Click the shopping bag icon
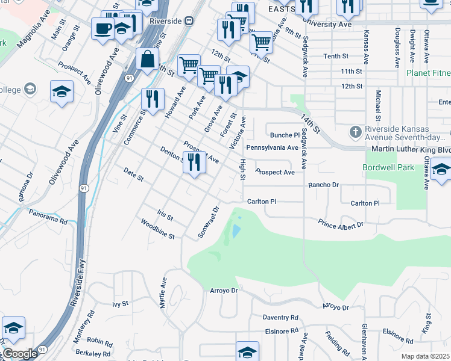tap(147, 60)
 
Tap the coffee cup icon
tap(103, 28)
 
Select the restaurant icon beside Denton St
tap(194, 162)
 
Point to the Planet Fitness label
tap(427, 73)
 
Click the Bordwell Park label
tap(388, 167)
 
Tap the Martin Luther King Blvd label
tap(410, 149)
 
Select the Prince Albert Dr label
tap(341, 224)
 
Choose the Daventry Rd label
tap(280, 317)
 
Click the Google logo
tap(20, 354)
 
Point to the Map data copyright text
tap(425, 356)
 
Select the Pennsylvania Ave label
tap(273, 147)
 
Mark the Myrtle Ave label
tap(162, 293)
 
